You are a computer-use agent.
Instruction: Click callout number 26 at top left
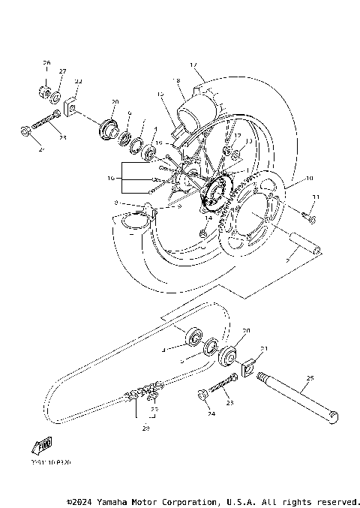pyautogui.click(x=46, y=62)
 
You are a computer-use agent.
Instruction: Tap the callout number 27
pyautogui.click(x=62, y=71)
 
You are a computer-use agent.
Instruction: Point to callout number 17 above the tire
pyautogui.click(x=193, y=65)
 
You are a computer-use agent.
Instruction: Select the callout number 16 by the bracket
pyautogui.click(x=111, y=179)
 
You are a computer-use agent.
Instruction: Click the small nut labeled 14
pyautogui.click(x=202, y=236)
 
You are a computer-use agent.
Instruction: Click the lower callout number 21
pyautogui.click(x=264, y=350)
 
